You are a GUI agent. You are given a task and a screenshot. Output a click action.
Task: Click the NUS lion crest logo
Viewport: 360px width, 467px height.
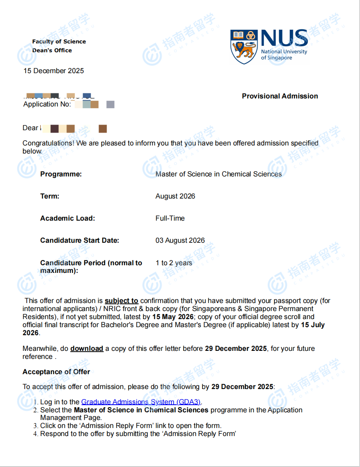click(244, 46)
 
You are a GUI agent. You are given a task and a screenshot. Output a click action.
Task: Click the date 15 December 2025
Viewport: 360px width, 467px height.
click(53, 71)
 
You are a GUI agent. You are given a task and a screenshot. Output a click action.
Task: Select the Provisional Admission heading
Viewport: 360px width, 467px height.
click(280, 96)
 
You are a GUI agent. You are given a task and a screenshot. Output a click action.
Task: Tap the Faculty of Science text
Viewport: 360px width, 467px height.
click(59, 41)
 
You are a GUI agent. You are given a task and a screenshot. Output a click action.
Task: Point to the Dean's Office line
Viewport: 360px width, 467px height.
click(52, 50)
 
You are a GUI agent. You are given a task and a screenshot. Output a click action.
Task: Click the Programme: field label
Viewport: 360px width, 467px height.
click(61, 174)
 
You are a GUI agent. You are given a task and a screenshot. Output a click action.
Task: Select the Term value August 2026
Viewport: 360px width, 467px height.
click(175, 196)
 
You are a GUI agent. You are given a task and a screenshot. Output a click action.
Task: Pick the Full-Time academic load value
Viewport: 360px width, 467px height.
click(170, 218)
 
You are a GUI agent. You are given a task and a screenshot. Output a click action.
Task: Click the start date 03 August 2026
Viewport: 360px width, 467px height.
click(180, 240)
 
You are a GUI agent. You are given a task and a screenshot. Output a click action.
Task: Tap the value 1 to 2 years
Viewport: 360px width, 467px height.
click(174, 263)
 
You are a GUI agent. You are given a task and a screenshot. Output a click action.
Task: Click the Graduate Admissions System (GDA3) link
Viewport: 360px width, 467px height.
click(141, 401)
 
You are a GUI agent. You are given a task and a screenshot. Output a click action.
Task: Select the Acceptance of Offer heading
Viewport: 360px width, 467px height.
click(56, 372)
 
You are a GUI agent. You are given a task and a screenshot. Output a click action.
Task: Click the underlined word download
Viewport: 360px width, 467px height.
click(87, 348)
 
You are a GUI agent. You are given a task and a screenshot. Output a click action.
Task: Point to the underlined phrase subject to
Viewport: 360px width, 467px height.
click(121, 301)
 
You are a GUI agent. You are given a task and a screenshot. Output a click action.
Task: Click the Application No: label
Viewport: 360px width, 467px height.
click(47, 104)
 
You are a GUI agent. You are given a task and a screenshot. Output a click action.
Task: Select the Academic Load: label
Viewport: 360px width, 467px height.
click(67, 218)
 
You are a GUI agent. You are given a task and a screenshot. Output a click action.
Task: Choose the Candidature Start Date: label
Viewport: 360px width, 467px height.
click(80, 240)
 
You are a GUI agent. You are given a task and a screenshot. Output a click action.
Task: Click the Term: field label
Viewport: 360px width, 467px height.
click(49, 196)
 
